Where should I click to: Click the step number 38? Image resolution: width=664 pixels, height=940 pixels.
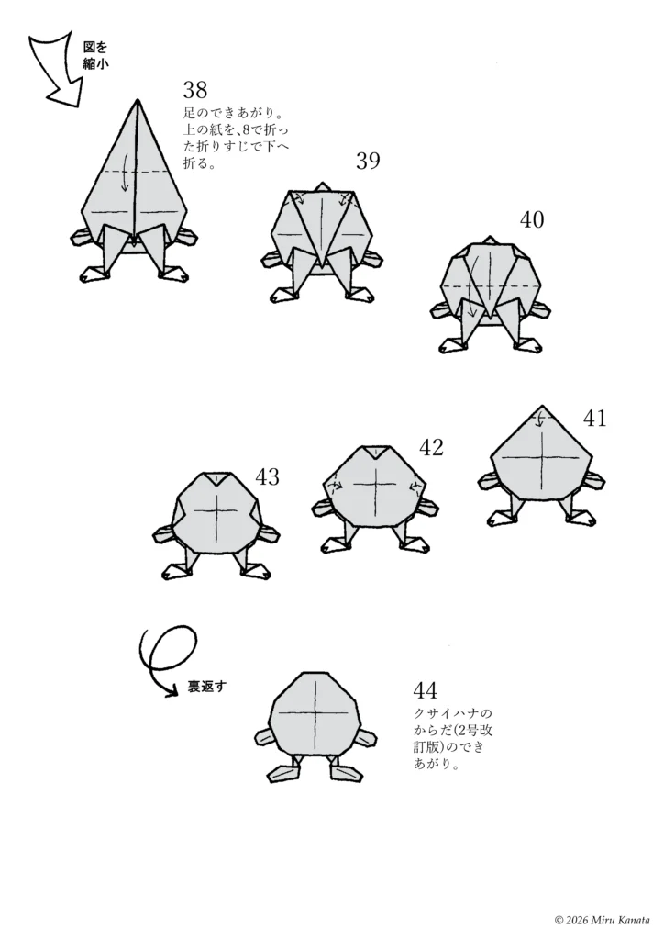pyautogui.click(x=195, y=90)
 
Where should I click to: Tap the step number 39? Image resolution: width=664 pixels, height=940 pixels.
pyautogui.click(x=368, y=161)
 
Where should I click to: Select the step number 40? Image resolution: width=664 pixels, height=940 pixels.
pyautogui.click(x=532, y=220)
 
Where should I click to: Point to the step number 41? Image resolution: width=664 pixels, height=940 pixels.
pyautogui.click(x=594, y=418)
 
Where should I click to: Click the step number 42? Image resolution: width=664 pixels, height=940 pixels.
pyautogui.click(x=431, y=447)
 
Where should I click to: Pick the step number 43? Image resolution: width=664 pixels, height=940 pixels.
pyautogui.click(x=267, y=477)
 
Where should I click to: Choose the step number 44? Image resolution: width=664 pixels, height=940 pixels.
pyautogui.click(x=426, y=690)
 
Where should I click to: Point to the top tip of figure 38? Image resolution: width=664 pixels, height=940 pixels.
pyautogui.click(x=138, y=99)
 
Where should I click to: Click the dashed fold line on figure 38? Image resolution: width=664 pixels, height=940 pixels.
pyautogui.click(x=136, y=172)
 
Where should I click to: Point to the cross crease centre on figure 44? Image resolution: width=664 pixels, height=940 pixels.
pyautogui.click(x=314, y=712)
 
